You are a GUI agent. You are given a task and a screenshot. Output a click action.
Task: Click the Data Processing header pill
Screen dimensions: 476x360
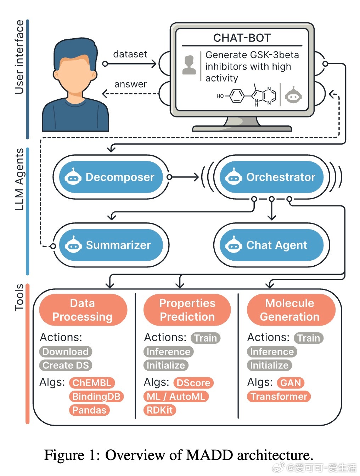pos(83,310)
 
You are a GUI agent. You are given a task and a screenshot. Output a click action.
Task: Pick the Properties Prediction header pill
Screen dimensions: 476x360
pos(187,310)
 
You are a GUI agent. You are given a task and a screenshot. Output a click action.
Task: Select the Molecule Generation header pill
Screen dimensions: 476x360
pos(291,310)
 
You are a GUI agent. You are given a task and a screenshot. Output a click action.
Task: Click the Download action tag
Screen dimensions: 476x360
pos(66,352)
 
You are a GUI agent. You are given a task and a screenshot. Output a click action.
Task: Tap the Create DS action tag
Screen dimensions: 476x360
pos(66,365)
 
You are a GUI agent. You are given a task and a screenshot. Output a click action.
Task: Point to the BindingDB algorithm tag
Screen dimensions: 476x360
pos(96,397)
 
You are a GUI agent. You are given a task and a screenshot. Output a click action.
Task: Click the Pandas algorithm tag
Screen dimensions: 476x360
pos(89,410)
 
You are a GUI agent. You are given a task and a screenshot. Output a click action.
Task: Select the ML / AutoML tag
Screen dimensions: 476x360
pos(176,397)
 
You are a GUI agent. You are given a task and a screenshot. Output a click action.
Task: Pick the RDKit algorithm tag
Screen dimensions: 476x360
pos(160,410)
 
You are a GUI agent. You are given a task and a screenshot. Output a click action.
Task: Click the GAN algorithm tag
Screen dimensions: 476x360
pos(291,383)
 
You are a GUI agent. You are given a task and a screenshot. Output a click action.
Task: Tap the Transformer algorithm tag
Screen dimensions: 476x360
pos(279,397)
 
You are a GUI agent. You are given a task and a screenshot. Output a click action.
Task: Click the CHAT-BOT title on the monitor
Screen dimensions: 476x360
pos(242,38)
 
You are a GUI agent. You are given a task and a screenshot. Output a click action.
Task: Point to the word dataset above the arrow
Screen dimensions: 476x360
pos(130,54)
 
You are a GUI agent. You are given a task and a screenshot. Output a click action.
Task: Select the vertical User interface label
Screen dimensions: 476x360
pos(19,57)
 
